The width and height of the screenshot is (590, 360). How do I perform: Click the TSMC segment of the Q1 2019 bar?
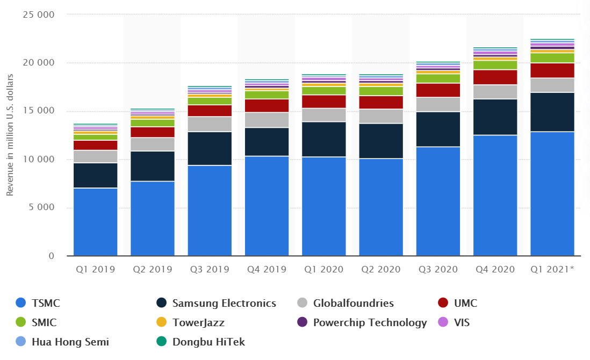(96, 222)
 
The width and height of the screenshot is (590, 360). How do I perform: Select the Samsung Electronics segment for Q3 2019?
(210, 148)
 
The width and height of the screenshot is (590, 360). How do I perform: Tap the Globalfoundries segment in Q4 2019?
(267, 120)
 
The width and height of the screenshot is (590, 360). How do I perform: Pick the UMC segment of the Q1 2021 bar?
(552, 70)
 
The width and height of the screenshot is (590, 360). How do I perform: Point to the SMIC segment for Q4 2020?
(495, 65)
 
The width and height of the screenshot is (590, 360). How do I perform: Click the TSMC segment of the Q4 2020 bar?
(495, 196)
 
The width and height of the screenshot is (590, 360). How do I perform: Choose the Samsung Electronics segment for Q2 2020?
(381, 141)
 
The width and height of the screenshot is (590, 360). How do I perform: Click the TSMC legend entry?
(38, 303)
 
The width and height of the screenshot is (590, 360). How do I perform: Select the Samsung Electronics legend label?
(224, 303)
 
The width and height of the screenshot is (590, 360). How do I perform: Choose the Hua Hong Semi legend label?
(70, 341)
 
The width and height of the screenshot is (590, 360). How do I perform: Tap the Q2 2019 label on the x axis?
(153, 269)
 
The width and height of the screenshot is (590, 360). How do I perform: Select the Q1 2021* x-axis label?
(552, 269)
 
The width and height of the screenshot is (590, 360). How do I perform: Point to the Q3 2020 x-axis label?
(438, 269)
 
